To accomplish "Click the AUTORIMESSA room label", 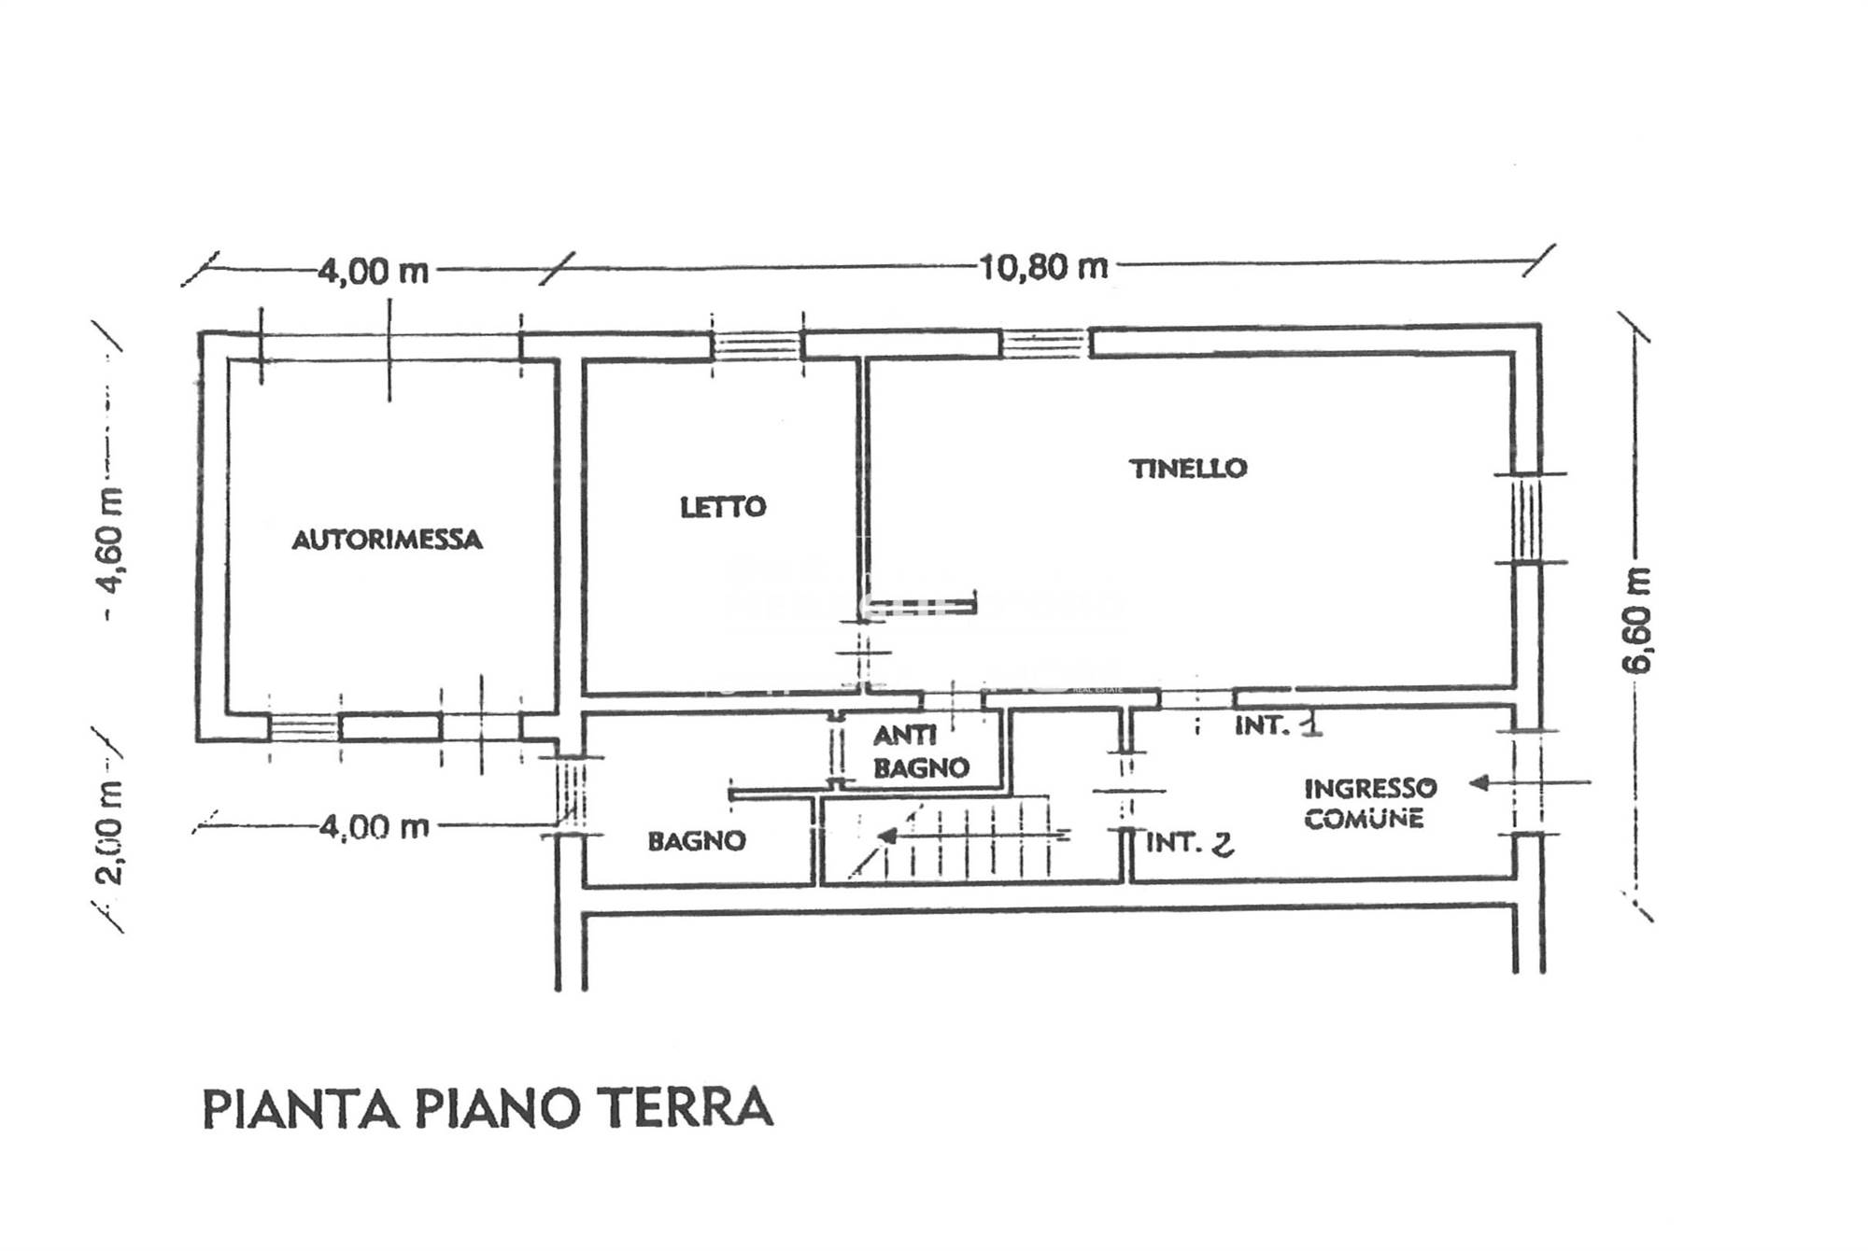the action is (x=387, y=540).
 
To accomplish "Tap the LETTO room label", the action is (x=723, y=507).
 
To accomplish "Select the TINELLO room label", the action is (x=1188, y=468).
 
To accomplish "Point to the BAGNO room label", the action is (x=697, y=841).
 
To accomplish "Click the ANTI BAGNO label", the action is (x=921, y=752).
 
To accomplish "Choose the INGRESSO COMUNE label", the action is (x=1370, y=803).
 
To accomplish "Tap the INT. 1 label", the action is (x=1278, y=725).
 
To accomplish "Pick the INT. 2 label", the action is (x=1189, y=843).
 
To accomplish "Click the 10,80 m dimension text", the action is (x=1043, y=268).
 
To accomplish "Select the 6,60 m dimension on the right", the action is (x=1636, y=619).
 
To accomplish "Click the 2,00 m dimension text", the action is (x=109, y=832).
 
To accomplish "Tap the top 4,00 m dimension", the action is (x=374, y=272).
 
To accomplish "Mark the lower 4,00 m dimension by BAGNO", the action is (x=374, y=827).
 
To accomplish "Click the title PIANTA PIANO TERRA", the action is (x=488, y=1108).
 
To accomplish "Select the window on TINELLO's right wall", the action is (x=1526, y=518).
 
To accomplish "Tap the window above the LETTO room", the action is (x=757, y=345).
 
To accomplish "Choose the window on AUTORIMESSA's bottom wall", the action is (x=304, y=727).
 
